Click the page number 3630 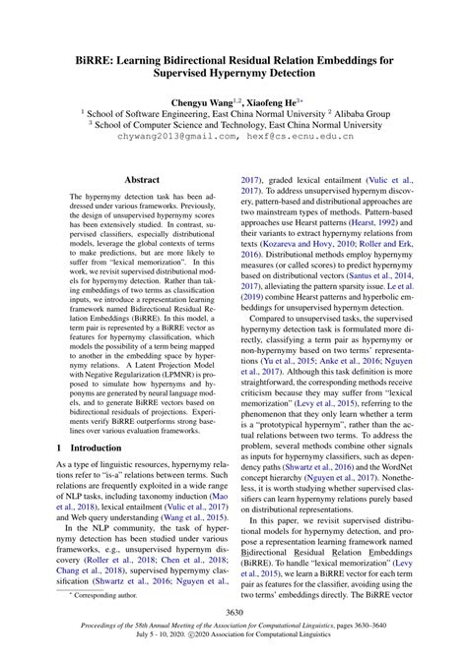point(233,614)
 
